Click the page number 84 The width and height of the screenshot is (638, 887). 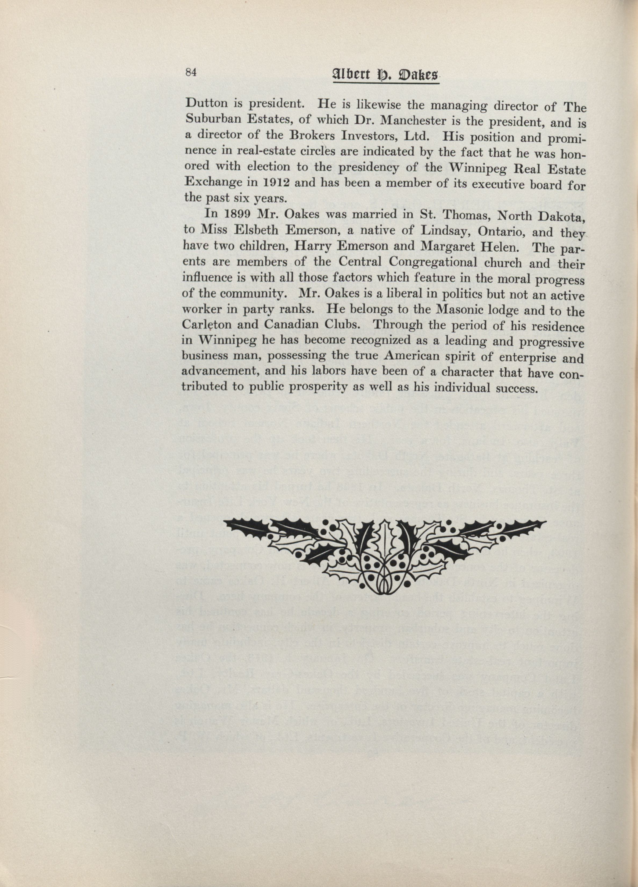coord(190,73)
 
